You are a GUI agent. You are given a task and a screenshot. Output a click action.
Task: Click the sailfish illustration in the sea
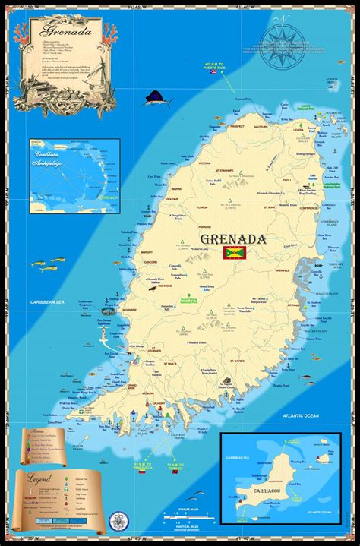click(x=157, y=98)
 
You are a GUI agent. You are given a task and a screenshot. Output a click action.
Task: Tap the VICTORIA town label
click(x=205, y=163)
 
